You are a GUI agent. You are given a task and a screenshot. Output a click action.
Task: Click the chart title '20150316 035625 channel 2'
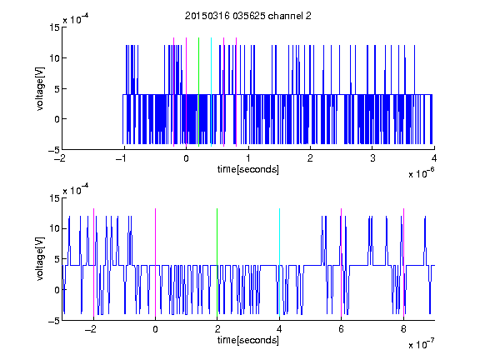pyautogui.click(x=248, y=16)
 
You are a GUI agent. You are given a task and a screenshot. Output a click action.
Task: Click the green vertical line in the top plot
pyautogui.click(x=198, y=92)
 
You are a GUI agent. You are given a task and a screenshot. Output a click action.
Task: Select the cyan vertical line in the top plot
pyautogui.click(x=211, y=92)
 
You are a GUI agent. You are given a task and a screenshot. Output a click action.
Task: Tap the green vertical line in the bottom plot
pyautogui.click(x=217, y=262)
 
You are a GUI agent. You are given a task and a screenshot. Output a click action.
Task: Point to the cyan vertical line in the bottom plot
pyautogui.click(x=279, y=262)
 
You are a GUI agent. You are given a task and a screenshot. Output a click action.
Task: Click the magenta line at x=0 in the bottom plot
pyautogui.click(x=155, y=262)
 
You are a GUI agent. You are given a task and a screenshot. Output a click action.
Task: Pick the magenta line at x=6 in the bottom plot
pyautogui.click(x=342, y=262)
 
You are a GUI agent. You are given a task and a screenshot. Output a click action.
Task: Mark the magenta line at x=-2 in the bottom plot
pyautogui.click(x=93, y=262)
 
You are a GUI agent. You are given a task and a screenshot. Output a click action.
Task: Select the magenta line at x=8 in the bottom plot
pyautogui.click(x=403, y=262)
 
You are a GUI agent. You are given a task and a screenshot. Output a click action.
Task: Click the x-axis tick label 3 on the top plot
pyautogui.click(x=372, y=158)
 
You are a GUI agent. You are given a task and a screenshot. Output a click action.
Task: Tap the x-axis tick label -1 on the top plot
pyautogui.click(x=121, y=158)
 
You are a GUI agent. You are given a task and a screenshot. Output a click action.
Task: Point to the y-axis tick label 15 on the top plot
pyautogui.click(x=54, y=27)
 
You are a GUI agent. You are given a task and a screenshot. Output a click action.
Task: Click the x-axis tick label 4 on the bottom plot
pyautogui.click(x=279, y=329)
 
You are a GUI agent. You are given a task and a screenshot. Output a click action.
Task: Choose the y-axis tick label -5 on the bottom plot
pyautogui.click(x=54, y=321)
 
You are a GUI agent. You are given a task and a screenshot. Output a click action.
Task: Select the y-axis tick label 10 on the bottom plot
pyautogui.click(x=54, y=228)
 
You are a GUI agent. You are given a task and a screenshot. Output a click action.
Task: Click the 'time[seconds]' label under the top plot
pyautogui.click(x=248, y=169)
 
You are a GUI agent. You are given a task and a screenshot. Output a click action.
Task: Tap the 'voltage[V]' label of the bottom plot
pyautogui.click(x=40, y=259)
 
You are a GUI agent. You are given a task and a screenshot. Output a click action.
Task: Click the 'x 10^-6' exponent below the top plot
pyautogui.click(x=421, y=173)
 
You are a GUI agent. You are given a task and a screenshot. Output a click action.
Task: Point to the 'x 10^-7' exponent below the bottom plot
pyautogui.click(x=421, y=344)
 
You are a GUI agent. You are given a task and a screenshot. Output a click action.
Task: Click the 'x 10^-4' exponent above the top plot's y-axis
pyautogui.click(x=76, y=19)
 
